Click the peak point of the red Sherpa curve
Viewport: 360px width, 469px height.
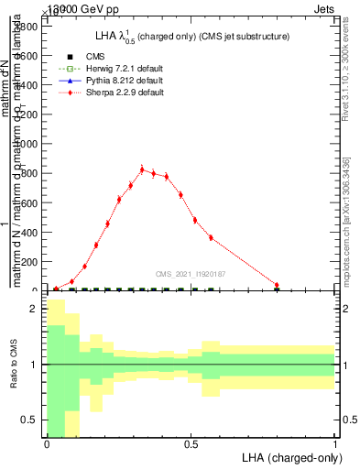(x=142, y=169)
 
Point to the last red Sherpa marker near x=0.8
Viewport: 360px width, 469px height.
(x=277, y=285)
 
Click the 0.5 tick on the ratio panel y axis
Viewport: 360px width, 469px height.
(x=29, y=420)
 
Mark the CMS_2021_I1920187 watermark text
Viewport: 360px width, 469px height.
(x=191, y=273)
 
